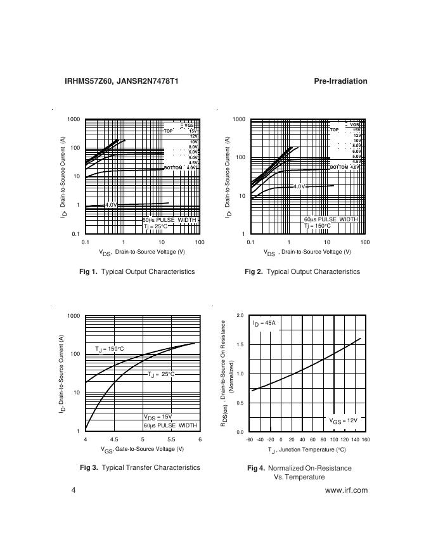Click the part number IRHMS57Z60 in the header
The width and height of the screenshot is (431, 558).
(88, 81)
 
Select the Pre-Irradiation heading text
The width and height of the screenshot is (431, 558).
(340, 81)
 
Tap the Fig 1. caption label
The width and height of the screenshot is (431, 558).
(88, 271)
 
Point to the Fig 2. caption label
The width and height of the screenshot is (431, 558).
(254, 271)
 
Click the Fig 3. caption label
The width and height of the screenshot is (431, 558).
(88, 467)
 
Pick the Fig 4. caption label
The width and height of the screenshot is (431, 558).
(255, 468)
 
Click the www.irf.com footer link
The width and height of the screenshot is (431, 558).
(346, 490)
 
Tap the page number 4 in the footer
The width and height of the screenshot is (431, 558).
(74, 490)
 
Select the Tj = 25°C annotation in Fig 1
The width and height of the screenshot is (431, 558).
(155, 226)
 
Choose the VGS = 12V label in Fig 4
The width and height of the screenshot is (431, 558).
(343, 420)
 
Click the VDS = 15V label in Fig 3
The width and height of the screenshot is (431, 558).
(158, 417)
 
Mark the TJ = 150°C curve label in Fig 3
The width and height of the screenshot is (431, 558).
(110, 349)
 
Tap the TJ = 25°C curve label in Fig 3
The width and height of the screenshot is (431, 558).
(161, 374)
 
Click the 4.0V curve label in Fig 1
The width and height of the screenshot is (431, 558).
(111, 205)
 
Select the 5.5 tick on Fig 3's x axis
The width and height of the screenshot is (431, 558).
(171, 439)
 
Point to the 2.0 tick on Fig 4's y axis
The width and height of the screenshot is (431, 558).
(240, 315)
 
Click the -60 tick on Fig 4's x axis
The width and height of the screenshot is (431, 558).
(250, 439)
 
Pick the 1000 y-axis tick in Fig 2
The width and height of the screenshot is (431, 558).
(238, 119)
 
